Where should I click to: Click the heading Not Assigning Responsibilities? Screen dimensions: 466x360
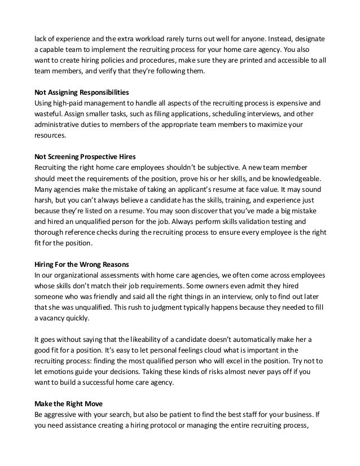click(x=82, y=91)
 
